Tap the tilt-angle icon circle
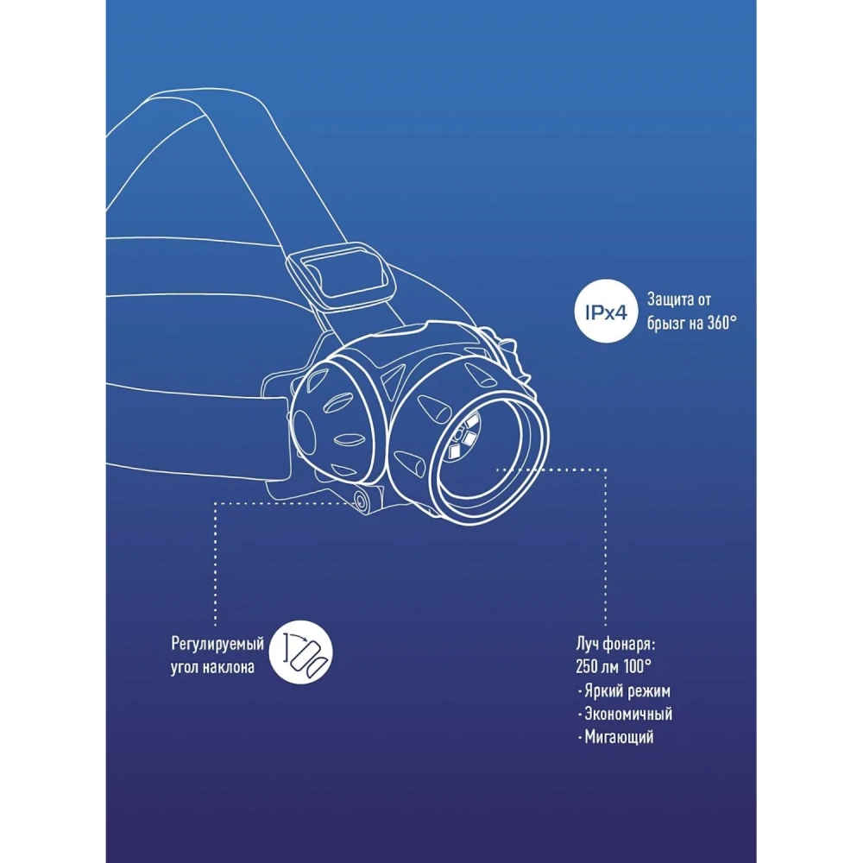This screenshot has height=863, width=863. coord(301,652)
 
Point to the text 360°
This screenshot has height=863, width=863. coord(721,323)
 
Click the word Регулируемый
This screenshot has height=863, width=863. coord(217,644)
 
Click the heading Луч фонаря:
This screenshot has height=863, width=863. coord(615,644)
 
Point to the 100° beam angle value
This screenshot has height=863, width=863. coord(638,666)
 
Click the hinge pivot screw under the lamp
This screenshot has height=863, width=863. coord(362,500)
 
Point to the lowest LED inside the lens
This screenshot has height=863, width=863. coord(455,452)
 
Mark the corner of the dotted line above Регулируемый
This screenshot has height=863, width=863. coord(215,503)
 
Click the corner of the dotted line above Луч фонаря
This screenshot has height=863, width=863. coord(606,469)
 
